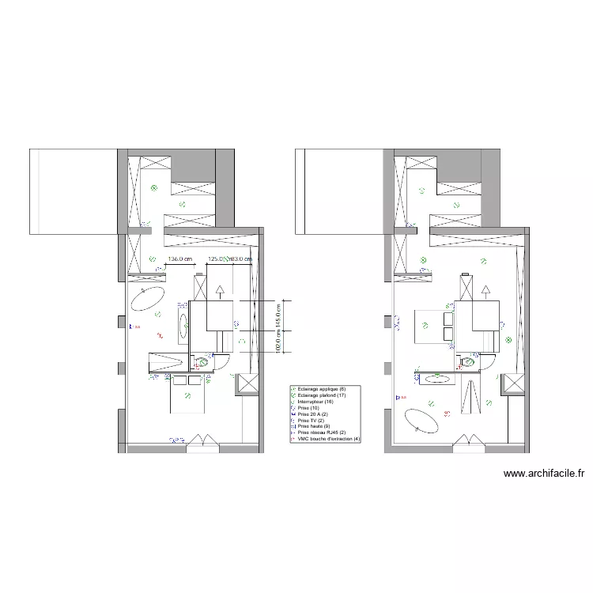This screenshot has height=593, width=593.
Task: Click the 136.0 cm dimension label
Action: (x=181, y=259)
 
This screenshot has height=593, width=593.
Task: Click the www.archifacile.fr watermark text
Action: (x=544, y=474)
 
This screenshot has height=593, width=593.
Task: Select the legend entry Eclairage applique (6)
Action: (x=319, y=389)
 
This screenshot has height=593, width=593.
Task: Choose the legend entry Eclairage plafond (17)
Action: (x=322, y=395)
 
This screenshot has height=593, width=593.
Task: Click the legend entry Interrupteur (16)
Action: (x=316, y=402)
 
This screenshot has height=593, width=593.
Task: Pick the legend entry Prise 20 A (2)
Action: (x=313, y=414)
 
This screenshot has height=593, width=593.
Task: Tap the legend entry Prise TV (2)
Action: (x=311, y=421)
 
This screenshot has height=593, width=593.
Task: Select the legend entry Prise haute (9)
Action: (x=313, y=427)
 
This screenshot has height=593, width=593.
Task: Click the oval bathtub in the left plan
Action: (x=148, y=298)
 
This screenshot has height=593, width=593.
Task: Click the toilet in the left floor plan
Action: (x=204, y=362)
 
